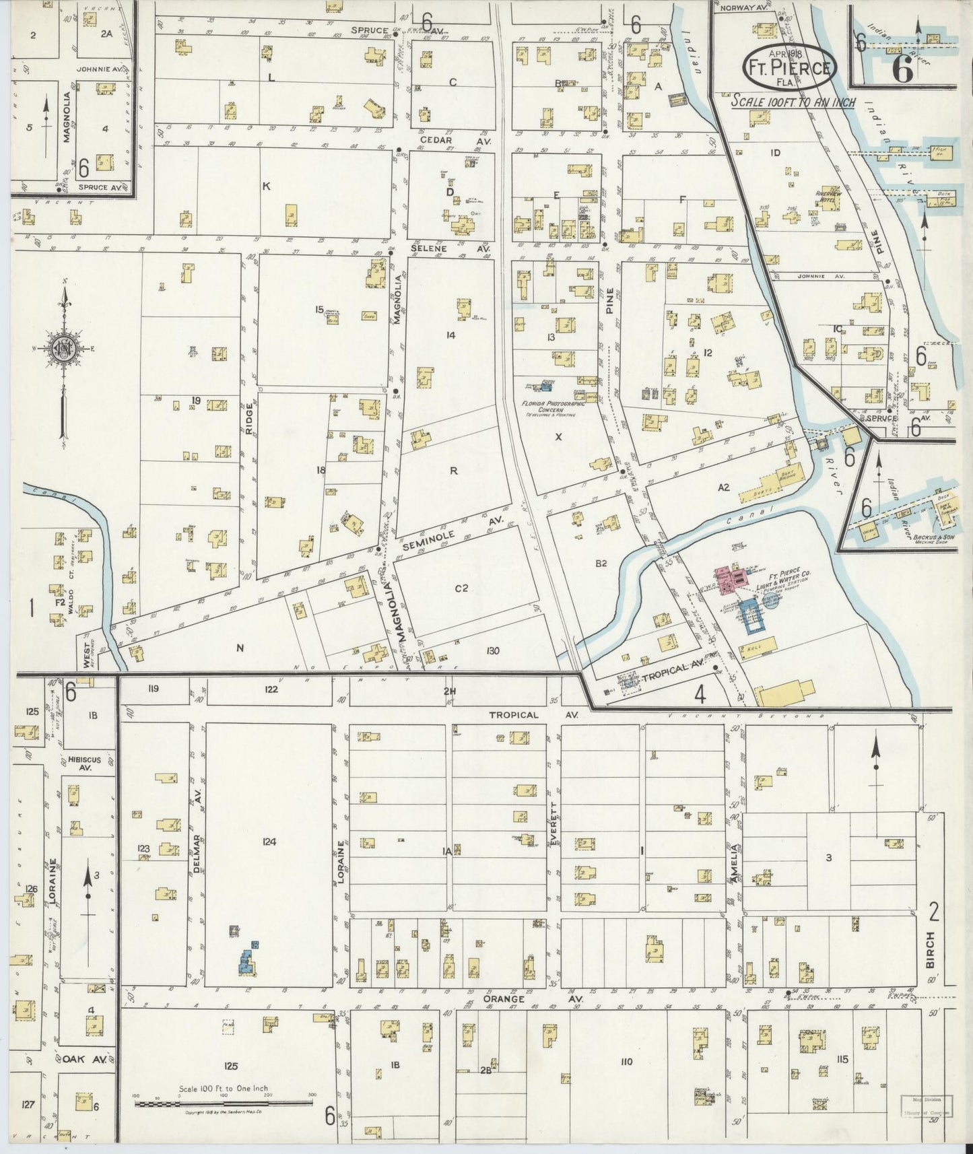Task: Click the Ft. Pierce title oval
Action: pos(790,67)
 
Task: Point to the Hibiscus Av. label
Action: pos(84,763)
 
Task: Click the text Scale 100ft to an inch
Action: pos(793,102)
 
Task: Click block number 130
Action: pos(492,650)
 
